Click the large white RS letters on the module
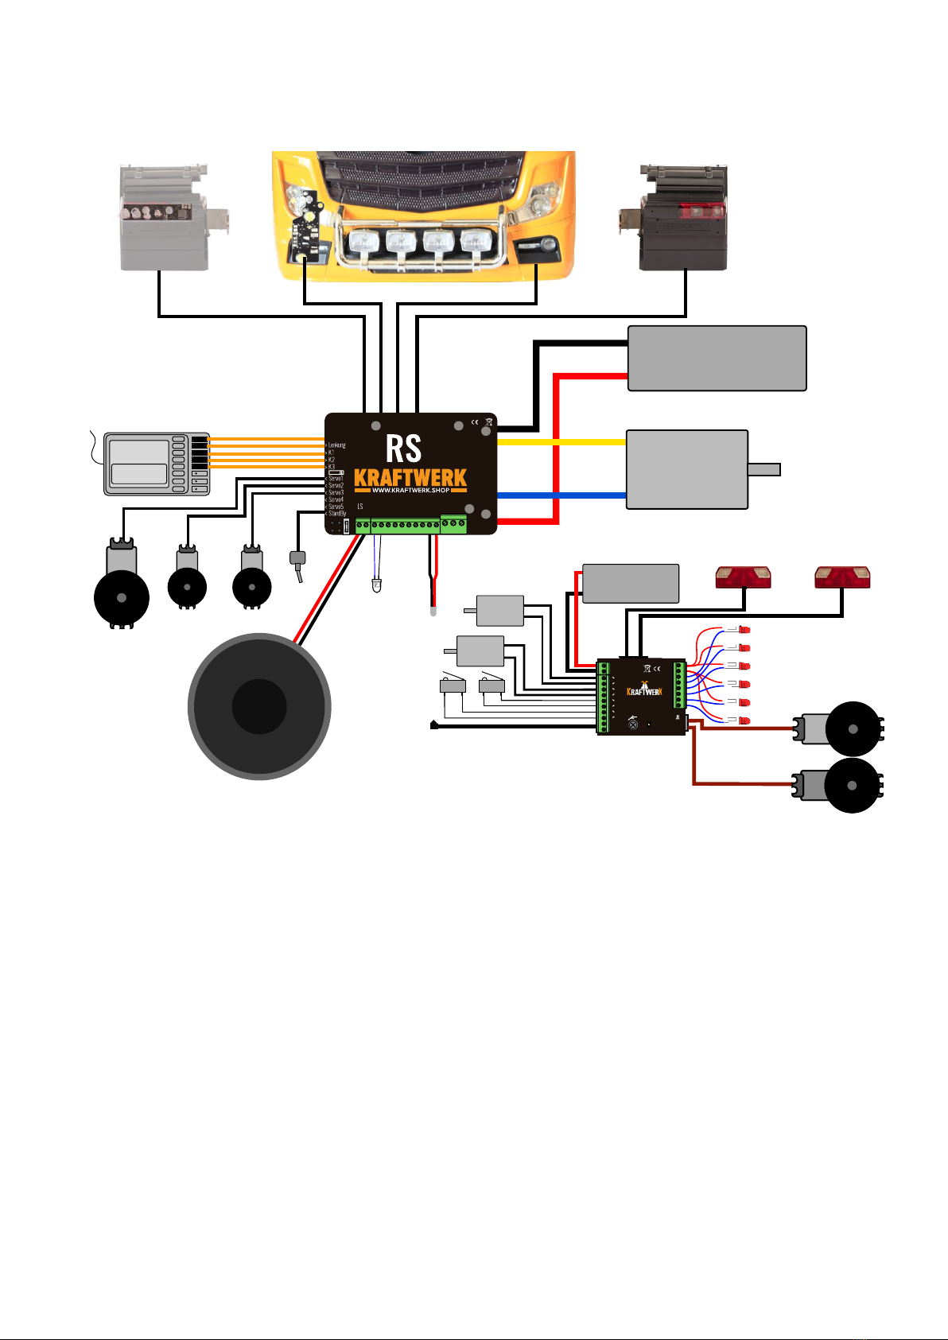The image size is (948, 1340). [x=403, y=449]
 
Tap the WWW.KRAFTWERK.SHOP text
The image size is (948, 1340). [x=410, y=490]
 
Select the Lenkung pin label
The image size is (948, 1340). [x=336, y=445]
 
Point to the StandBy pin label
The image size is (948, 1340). [x=337, y=514]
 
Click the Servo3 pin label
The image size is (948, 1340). [x=336, y=493]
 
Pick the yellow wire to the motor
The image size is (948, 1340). [x=561, y=441]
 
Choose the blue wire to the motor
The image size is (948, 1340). [x=561, y=495]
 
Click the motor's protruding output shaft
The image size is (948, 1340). [x=764, y=469]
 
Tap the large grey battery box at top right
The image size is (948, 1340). [x=717, y=358]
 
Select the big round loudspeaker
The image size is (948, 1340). [x=259, y=706]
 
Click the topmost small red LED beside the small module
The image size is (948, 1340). [x=744, y=631]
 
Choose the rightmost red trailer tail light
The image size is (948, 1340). [x=842, y=577]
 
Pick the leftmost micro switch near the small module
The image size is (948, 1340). [x=453, y=685]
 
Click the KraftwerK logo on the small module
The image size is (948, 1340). [x=644, y=691]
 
